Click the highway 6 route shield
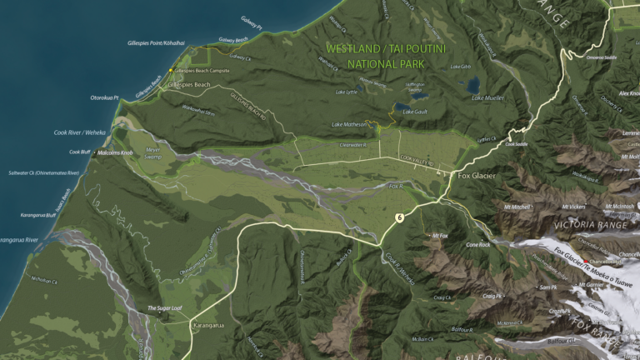tap(400, 217)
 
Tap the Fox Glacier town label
tap(477, 176)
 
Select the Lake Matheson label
tap(349, 125)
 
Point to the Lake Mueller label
tap(487, 97)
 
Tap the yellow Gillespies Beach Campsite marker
tap(172, 71)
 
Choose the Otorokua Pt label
tap(105, 97)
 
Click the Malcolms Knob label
tap(115, 152)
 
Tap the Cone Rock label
tap(477, 245)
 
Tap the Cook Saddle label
tap(517, 143)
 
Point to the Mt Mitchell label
tap(517, 206)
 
